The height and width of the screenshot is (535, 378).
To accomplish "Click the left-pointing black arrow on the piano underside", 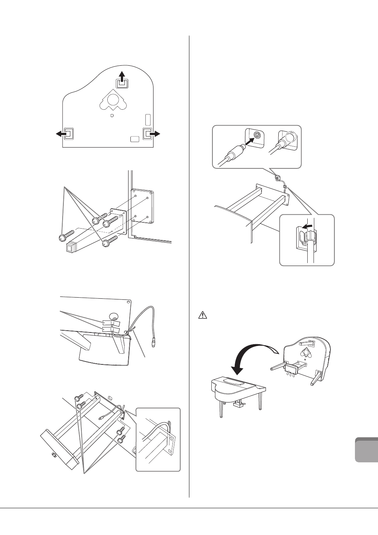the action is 60,134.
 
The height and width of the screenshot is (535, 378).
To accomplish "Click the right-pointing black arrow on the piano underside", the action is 155,134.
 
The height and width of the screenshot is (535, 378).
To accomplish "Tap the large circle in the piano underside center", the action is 114,99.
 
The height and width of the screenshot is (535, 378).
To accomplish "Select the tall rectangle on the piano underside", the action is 148,120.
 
